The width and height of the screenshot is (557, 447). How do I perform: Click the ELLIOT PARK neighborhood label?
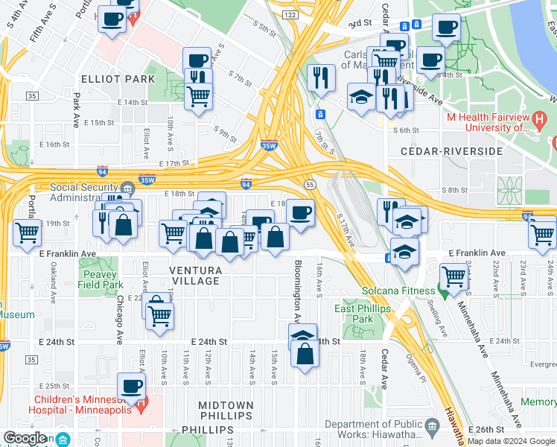[119, 79]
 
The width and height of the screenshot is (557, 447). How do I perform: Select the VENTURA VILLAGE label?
[194, 275]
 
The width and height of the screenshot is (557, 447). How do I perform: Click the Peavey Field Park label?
[101, 279]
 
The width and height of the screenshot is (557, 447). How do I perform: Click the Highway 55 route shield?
[309, 183]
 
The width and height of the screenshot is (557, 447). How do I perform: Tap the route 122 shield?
[290, 15]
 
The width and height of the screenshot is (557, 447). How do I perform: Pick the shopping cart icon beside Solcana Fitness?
[453, 278]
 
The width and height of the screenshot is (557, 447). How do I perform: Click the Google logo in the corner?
[25, 438]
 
